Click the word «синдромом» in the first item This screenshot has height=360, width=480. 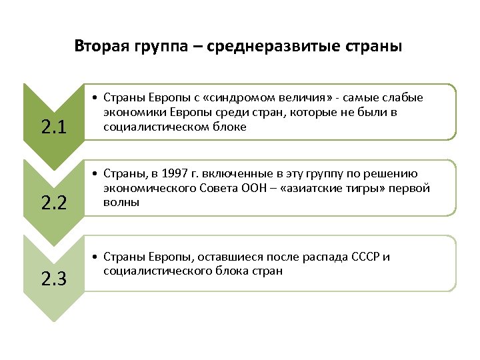coord(213,98)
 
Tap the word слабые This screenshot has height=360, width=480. coord(406,98)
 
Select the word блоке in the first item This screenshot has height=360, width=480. coord(229,126)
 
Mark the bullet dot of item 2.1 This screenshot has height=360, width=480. coord(97,99)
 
